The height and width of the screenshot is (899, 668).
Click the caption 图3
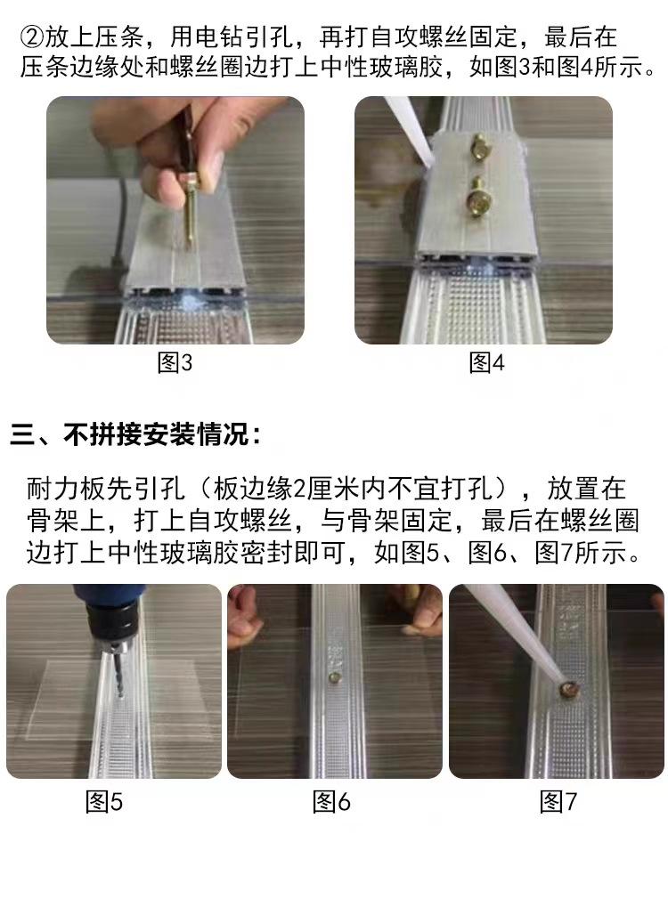[175, 363]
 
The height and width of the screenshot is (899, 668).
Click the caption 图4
[486, 363]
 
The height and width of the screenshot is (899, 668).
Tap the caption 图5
[104, 802]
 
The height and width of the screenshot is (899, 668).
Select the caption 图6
[331, 802]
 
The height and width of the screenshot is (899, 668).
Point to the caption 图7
[558, 802]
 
